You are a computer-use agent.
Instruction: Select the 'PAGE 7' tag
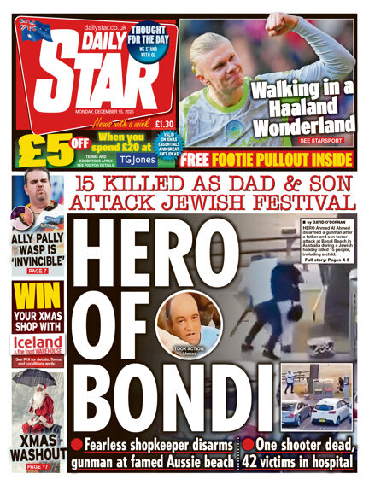37,270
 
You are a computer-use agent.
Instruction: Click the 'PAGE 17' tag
36,467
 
